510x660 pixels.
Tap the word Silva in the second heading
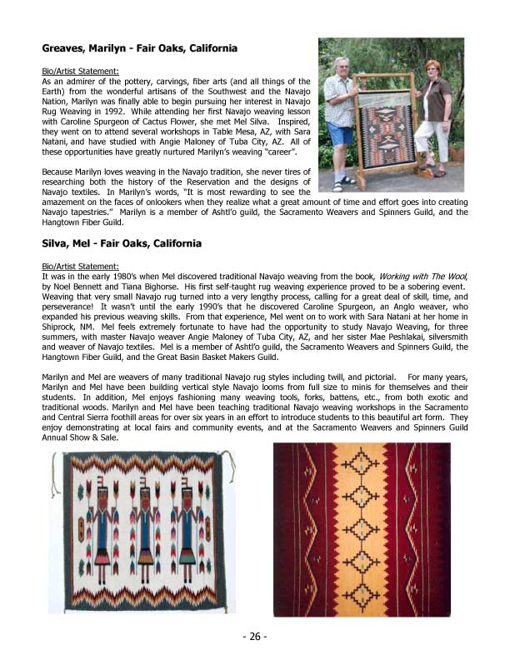point(59,243)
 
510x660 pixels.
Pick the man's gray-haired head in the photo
point(341,66)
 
